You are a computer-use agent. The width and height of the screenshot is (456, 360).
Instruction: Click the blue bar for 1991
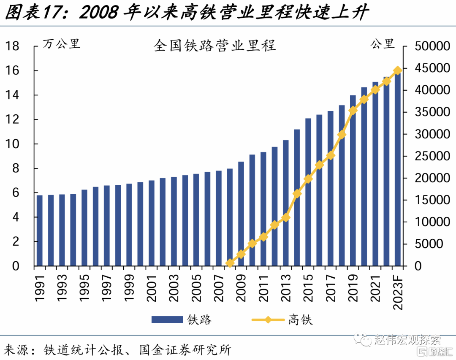(40, 230)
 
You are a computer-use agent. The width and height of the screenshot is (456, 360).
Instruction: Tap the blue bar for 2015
(308, 192)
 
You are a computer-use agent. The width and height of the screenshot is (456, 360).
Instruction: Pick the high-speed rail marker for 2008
(230, 263)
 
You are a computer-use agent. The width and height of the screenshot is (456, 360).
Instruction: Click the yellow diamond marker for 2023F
(398, 70)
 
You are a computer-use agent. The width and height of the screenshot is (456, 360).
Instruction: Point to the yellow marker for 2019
(353, 111)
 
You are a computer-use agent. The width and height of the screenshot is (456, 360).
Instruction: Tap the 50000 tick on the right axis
(432, 46)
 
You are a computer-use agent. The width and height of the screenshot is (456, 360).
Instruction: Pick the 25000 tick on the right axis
(432, 156)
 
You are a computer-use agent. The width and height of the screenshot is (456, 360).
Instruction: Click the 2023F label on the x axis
(398, 292)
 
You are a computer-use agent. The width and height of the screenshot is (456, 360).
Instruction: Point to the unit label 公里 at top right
(383, 43)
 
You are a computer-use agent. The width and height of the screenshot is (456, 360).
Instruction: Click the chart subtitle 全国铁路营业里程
(214, 46)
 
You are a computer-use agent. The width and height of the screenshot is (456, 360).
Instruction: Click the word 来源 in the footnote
(16, 349)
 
